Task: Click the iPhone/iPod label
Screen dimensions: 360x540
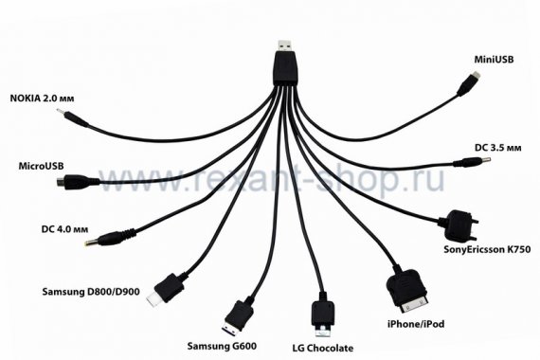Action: click(x=416, y=324)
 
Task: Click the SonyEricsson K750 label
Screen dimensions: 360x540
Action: click(x=487, y=249)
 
